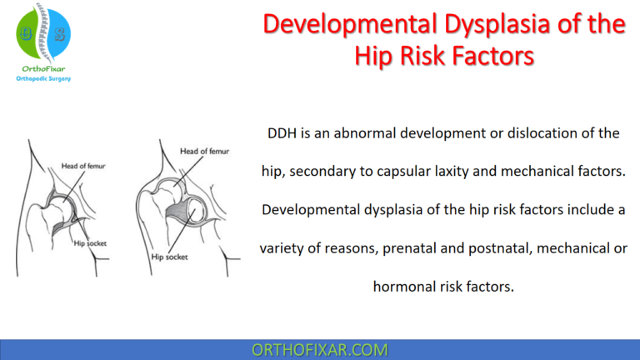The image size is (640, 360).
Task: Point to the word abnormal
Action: coord(359,133)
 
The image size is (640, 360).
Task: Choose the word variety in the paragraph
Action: coord(287,247)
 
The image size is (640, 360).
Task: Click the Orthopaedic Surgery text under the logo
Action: coord(43,78)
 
